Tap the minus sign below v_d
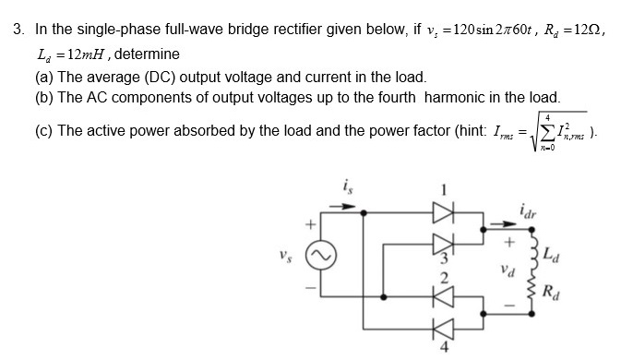pos(507,301)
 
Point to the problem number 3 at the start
pos(17,30)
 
